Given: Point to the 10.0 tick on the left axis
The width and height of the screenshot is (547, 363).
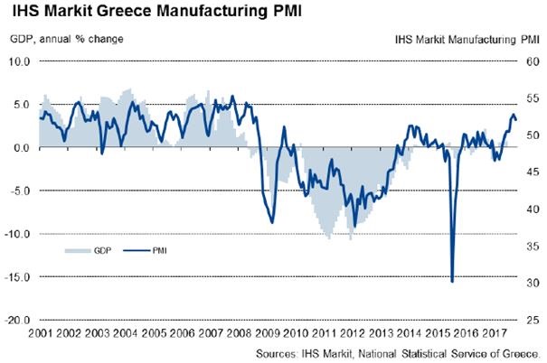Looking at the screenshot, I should (x=21, y=62).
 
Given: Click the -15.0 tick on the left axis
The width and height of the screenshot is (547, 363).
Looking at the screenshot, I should (x=19, y=277).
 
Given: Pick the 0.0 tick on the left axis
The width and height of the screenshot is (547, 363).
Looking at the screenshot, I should (x=23, y=148).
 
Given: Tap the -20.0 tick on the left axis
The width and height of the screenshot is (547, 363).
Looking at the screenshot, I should (x=19, y=321).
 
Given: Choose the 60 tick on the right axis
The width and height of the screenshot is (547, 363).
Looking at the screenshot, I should (x=532, y=62).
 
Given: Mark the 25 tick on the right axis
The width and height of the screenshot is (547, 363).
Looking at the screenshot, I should (x=532, y=321).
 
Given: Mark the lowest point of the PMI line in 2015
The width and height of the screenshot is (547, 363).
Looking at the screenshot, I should (x=452, y=282).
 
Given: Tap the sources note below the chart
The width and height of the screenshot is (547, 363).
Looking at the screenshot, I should (x=399, y=353).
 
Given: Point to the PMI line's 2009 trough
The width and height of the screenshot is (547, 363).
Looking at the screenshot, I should (x=272, y=223).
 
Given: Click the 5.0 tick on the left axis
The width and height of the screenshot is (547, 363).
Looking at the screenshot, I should (x=23, y=106).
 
